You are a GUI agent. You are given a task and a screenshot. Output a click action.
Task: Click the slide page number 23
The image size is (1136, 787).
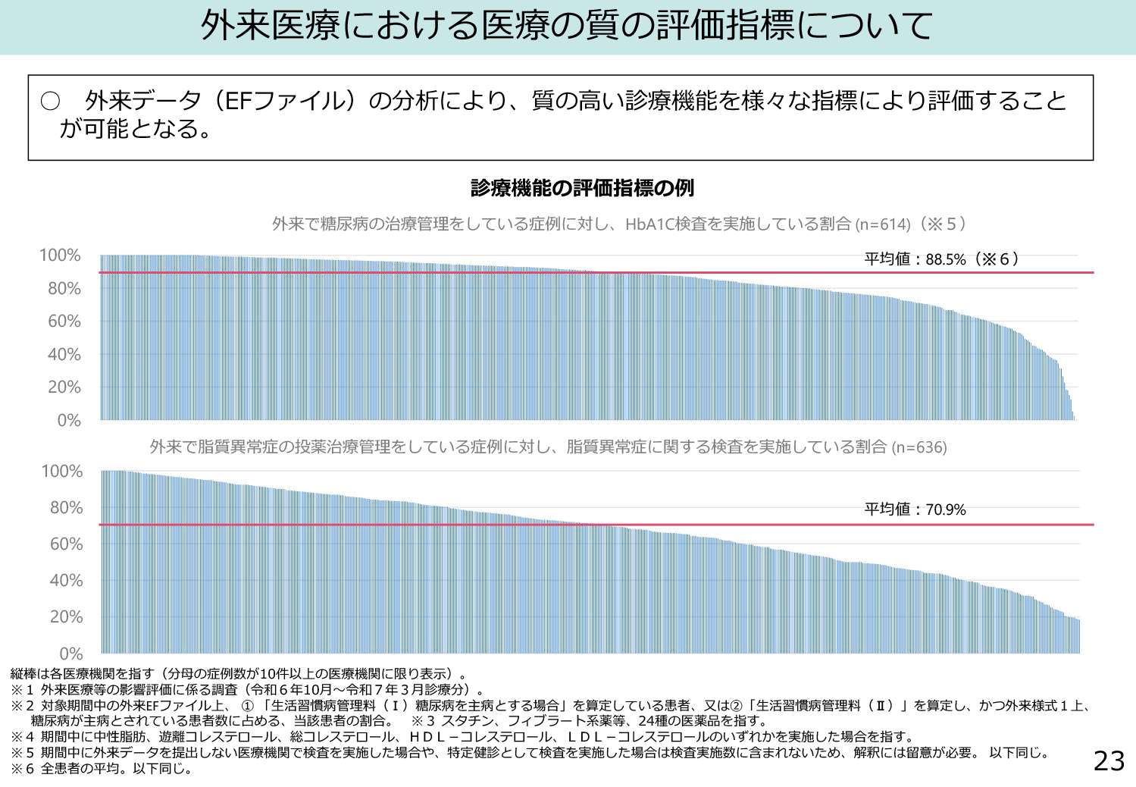point(1109,760)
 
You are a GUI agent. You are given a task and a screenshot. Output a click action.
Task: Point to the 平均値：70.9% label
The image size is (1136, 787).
point(915,510)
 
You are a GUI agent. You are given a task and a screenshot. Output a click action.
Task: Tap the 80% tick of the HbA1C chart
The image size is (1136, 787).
point(64,289)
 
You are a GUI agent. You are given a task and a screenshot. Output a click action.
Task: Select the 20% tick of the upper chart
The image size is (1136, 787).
point(64,387)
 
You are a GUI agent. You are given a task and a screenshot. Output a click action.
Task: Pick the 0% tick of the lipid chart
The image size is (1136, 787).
point(69,654)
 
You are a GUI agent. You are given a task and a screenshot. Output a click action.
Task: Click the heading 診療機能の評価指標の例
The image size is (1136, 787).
point(582,188)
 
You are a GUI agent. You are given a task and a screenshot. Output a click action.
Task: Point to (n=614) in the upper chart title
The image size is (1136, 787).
point(882,224)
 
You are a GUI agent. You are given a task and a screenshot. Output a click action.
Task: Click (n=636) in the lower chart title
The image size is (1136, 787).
point(919,447)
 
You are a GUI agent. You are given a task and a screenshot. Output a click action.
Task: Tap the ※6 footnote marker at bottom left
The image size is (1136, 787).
point(23,769)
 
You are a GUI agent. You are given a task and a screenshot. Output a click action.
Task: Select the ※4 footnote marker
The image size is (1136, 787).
point(23,737)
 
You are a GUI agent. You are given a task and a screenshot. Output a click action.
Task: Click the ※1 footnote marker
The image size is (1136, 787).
point(23,690)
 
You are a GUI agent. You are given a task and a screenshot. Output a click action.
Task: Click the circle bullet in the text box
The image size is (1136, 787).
point(50,102)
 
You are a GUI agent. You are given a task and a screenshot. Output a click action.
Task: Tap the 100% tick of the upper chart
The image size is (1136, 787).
point(60,256)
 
